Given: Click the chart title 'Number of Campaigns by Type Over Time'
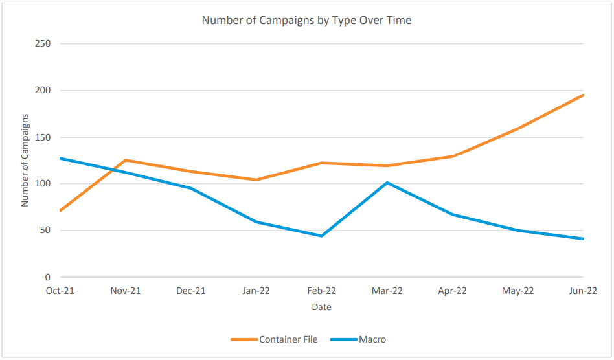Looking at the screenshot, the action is (306, 20).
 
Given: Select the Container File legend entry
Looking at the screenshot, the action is (274, 339).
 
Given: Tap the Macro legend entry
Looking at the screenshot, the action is (358, 339).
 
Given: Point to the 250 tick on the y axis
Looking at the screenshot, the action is (43, 43).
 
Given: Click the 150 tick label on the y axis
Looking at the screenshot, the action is (43, 137).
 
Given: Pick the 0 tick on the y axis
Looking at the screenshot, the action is (48, 277).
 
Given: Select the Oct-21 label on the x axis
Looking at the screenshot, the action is (60, 291).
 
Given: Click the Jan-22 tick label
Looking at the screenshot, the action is (256, 291).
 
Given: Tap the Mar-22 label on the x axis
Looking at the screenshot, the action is (387, 291).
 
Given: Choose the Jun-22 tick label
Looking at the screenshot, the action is (583, 291).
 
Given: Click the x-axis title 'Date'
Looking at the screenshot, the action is (321, 307).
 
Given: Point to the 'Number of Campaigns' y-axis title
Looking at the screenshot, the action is (25, 161).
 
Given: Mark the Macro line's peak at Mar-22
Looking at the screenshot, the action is (387, 183).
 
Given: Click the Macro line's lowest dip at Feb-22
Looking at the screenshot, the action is (321, 236).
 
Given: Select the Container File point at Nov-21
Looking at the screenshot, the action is (125, 160).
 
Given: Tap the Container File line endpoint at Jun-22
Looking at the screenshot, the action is (583, 95).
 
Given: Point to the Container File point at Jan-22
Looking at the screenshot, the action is (256, 180).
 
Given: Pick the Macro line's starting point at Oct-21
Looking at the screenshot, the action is (60, 158).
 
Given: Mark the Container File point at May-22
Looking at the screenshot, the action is (517, 128).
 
